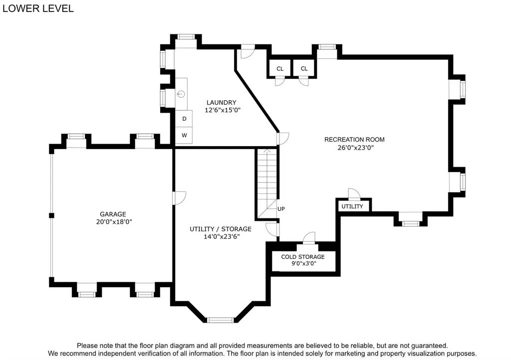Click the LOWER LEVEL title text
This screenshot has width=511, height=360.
coord(38,8)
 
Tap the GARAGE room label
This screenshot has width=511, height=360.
coord(113,214)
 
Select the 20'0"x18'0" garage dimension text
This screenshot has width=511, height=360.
coord(114,222)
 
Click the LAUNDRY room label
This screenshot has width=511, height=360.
coord(221,103)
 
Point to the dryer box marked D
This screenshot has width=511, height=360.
coord(184,119)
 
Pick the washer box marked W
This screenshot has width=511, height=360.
coord(184,136)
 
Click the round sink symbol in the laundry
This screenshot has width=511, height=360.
coord(181,94)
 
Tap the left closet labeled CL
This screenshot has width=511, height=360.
coord(280,68)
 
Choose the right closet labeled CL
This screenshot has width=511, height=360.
coord(304,68)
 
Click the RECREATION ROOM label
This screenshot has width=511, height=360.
coord(354,140)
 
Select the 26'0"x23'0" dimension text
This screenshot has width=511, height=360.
coord(355,148)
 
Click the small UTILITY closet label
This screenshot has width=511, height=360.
coord(352,206)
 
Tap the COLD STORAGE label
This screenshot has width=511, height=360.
coord(303,257)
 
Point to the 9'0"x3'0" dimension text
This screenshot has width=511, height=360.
coord(304,264)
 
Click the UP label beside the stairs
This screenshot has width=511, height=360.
coord(281,209)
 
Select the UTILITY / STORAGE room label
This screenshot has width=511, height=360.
coord(221,229)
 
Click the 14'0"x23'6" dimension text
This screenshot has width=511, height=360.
coord(222,237)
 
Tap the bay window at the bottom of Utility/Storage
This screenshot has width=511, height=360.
coord(221,320)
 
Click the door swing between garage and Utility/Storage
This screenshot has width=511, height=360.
coord(179,198)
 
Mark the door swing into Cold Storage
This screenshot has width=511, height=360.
coord(309,237)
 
